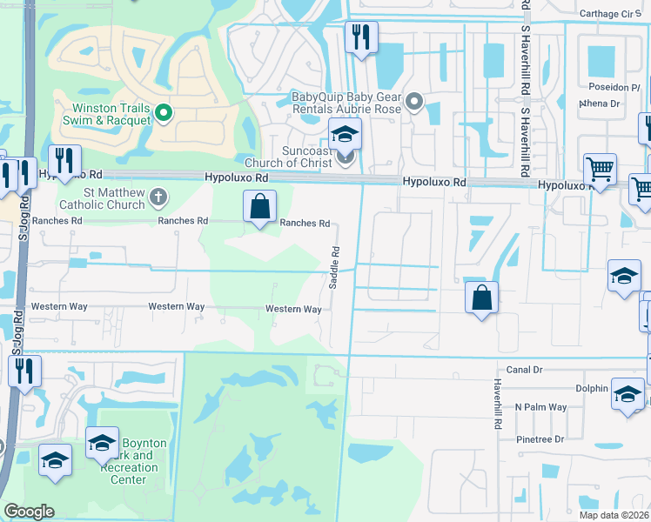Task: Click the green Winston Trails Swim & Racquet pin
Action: [x=163, y=112]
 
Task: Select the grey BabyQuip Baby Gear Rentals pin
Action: [x=414, y=103]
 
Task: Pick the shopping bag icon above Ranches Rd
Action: [x=260, y=208]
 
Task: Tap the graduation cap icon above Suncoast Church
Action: [x=345, y=135]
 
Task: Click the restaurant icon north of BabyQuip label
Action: [x=360, y=37]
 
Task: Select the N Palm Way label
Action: [x=540, y=407]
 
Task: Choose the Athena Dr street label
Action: [x=600, y=104]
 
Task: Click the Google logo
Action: [x=30, y=512]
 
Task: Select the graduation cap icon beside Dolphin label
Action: [x=628, y=392]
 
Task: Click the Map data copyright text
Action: [x=614, y=516]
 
